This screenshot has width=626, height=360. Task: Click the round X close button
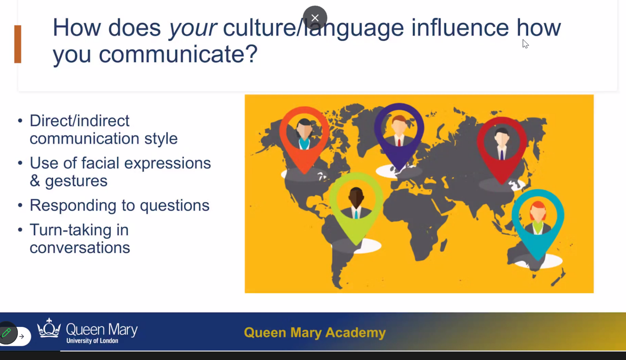[315, 18]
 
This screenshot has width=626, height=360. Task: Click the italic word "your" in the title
[193, 28]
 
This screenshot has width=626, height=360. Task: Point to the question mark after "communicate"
[252, 53]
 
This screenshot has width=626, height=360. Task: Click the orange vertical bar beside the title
[18, 44]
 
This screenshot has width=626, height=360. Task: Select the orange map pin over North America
[304, 135]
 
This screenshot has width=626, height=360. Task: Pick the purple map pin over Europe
[399, 131]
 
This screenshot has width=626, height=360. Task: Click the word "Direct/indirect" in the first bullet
[80, 120]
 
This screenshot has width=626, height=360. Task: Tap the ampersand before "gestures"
[35, 181]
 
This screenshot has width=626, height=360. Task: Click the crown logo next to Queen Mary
[49, 328]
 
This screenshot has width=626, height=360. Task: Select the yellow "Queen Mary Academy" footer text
[315, 333]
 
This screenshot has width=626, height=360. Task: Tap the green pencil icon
[7, 333]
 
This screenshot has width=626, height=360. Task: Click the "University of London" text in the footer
[92, 341]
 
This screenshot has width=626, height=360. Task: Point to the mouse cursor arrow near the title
[525, 43]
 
